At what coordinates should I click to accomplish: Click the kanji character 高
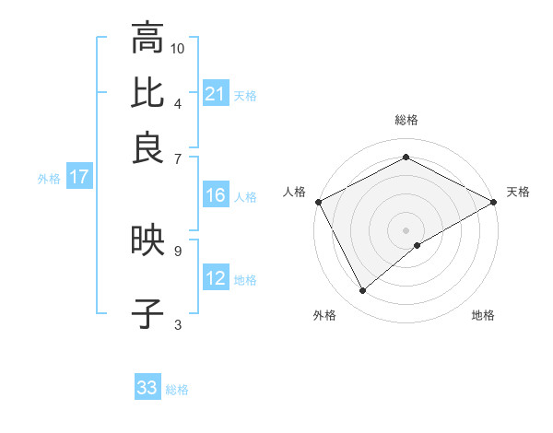point(147,39)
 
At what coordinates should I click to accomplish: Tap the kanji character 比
point(147,92)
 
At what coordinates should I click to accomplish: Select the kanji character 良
point(147,147)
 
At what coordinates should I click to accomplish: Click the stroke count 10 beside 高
point(178,48)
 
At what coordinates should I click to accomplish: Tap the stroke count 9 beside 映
point(177,250)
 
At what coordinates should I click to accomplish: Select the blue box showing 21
point(216,93)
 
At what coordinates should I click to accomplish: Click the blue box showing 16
point(216,195)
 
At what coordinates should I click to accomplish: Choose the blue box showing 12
point(216,278)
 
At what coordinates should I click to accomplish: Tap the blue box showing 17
point(78,178)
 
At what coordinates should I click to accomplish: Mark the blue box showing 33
point(147,388)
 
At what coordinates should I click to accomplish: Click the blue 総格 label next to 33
point(177,390)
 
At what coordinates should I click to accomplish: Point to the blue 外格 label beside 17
point(49,179)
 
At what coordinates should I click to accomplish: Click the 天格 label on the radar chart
point(518,192)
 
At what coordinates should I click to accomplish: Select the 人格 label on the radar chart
point(295,192)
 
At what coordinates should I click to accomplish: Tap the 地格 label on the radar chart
point(483,315)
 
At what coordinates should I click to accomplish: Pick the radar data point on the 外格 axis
point(363,291)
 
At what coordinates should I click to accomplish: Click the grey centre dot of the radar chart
point(406,229)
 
